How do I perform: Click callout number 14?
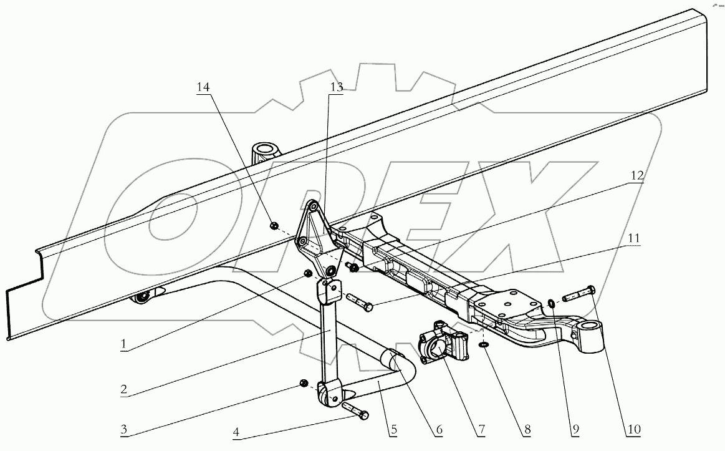click(x=203, y=87)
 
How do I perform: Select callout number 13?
click(x=336, y=87)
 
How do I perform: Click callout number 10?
click(x=635, y=430)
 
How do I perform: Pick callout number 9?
click(x=575, y=430)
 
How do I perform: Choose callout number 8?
click(x=527, y=430)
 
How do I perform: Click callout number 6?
click(x=439, y=430)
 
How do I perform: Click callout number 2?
click(x=125, y=389)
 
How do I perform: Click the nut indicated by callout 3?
click(x=304, y=382)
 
